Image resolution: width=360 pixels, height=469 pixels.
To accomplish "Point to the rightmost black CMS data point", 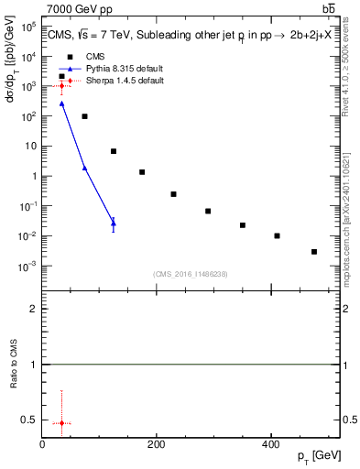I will (x=314, y=251).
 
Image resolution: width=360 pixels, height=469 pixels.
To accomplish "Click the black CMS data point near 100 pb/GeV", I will (x=84, y=116).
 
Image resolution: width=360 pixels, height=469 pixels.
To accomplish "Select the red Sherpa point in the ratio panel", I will (x=61, y=423).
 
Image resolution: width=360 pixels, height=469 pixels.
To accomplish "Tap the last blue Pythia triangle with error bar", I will (x=114, y=223).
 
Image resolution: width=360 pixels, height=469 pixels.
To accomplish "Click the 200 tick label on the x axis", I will (x=157, y=444).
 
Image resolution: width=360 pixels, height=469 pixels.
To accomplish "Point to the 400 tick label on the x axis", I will (x=270, y=444).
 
